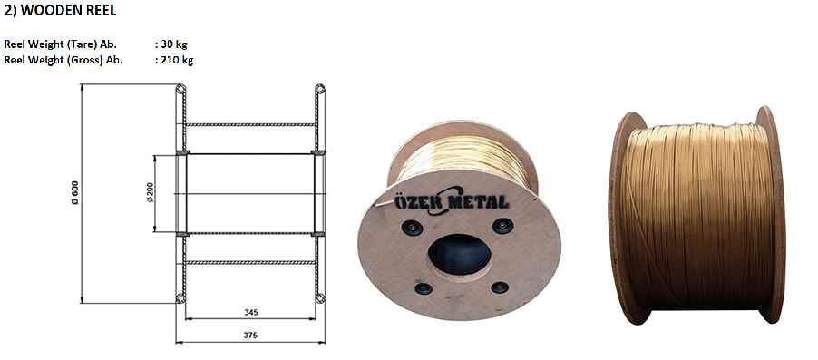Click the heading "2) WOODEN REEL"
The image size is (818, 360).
pos(60,11)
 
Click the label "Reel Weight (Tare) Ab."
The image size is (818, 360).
pos(60,44)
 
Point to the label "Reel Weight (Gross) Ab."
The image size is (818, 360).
pos(63,61)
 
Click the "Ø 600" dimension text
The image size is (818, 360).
pos(74,192)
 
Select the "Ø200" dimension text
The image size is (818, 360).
pos(149,192)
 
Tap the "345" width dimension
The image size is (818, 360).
pos(251,313)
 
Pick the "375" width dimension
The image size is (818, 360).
pos(251,336)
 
